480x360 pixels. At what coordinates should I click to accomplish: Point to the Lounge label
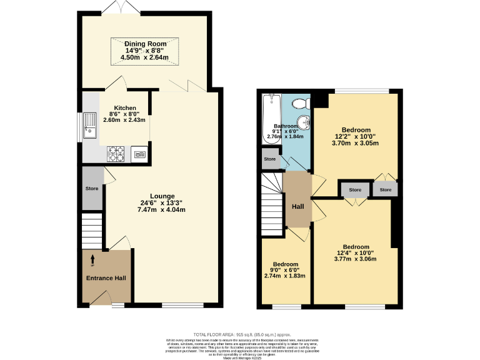pyautogui.click(x=162, y=196)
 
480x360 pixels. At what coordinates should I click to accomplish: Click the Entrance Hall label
pyautogui.click(x=106, y=277)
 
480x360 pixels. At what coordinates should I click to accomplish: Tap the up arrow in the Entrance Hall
pyautogui.click(x=93, y=258)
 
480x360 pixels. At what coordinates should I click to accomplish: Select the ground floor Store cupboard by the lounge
pyautogui.click(x=92, y=189)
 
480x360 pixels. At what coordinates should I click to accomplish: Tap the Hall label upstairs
pyautogui.click(x=297, y=206)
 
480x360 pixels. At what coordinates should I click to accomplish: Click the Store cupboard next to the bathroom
pyautogui.click(x=270, y=159)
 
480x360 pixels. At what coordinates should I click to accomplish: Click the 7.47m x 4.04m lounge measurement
pyautogui.click(x=162, y=210)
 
